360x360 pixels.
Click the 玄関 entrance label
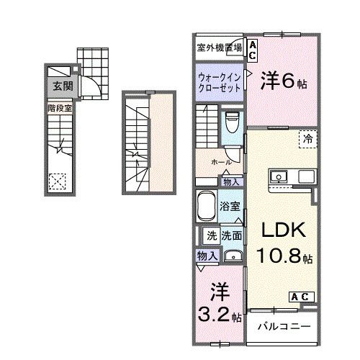(58, 86)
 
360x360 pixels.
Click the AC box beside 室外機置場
(253, 48)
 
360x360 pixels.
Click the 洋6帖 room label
(284, 79)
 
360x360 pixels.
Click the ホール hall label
(220, 162)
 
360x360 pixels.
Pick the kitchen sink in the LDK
(277, 176)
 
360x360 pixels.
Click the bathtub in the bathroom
(207, 208)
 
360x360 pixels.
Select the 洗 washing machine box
(212, 235)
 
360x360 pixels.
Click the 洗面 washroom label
(231, 235)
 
